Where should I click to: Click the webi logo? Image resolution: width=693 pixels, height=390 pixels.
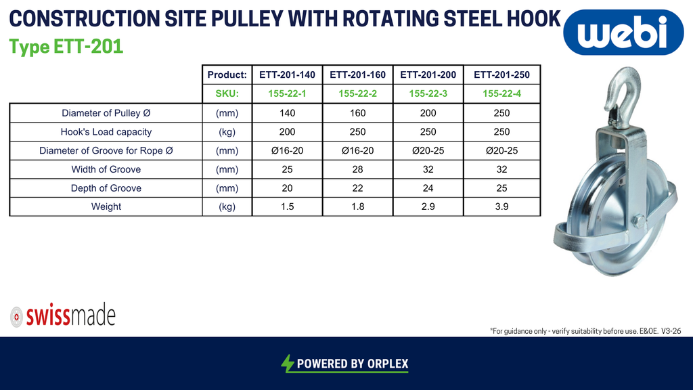pyautogui.click(x=623, y=32)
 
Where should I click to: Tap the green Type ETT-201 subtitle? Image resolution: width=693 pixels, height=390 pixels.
pyautogui.click(x=66, y=47)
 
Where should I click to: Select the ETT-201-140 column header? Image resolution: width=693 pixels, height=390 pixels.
pyautogui.click(x=287, y=74)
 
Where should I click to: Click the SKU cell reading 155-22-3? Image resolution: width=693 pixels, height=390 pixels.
pyautogui.click(x=428, y=93)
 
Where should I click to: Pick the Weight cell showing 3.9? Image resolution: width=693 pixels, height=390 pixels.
pyautogui.click(x=501, y=207)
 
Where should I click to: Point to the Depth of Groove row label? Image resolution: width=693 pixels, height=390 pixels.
pyautogui.click(x=106, y=188)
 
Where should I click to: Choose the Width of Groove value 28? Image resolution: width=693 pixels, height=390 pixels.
pyautogui.click(x=357, y=169)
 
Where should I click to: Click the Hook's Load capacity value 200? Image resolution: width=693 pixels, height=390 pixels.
pyautogui.click(x=287, y=132)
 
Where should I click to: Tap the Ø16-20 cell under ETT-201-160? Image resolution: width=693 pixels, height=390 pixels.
pyautogui.click(x=357, y=151)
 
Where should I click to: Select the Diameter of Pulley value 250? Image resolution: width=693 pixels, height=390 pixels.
pyautogui.click(x=501, y=113)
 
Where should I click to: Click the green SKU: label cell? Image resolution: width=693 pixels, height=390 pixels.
pyautogui.click(x=227, y=93)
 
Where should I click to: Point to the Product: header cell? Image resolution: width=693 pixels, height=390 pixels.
pyautogui.click(x=227, y=74)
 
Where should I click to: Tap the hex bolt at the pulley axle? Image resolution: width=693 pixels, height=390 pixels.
pyautogui.click(x=638, y=221)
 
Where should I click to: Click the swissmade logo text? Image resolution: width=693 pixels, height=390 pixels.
pyautogui.click(x=70, y=316)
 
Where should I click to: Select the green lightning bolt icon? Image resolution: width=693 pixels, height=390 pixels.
pyautogui.click(x=287, y=364)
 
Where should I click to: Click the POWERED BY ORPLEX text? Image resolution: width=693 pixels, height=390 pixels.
pyautogui.click(x=353, y=364)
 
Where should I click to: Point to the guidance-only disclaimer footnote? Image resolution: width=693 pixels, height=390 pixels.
pyautogui.click(x=585, y=330)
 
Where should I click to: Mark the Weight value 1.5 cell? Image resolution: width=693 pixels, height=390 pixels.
pyautogui.click(x=287, y=207)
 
